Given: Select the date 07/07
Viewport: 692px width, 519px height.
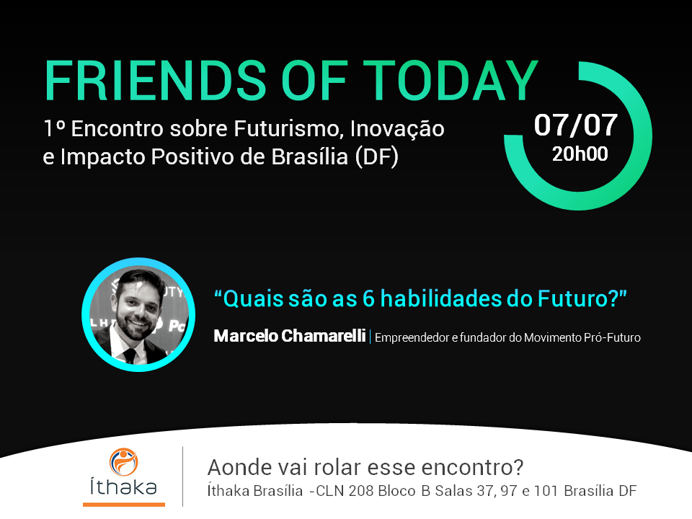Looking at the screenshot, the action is click(575, 125).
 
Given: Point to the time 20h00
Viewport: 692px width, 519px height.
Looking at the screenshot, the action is click(580, 154).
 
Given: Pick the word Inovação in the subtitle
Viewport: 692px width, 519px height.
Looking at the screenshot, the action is click(397, 129).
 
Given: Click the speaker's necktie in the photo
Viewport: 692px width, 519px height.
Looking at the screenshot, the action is click(130, 355).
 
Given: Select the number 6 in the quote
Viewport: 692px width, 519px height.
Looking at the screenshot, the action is click(368, 298).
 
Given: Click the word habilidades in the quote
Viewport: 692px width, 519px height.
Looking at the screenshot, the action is click(441, 298).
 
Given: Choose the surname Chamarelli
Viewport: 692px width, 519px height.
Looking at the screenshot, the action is click(324, 336).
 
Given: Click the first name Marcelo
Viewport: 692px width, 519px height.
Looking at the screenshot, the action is click(246, 336).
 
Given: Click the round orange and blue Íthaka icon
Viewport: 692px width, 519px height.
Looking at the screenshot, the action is click(123, 461).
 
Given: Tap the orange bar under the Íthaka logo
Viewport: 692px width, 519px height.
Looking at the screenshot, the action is click(124, 504).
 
